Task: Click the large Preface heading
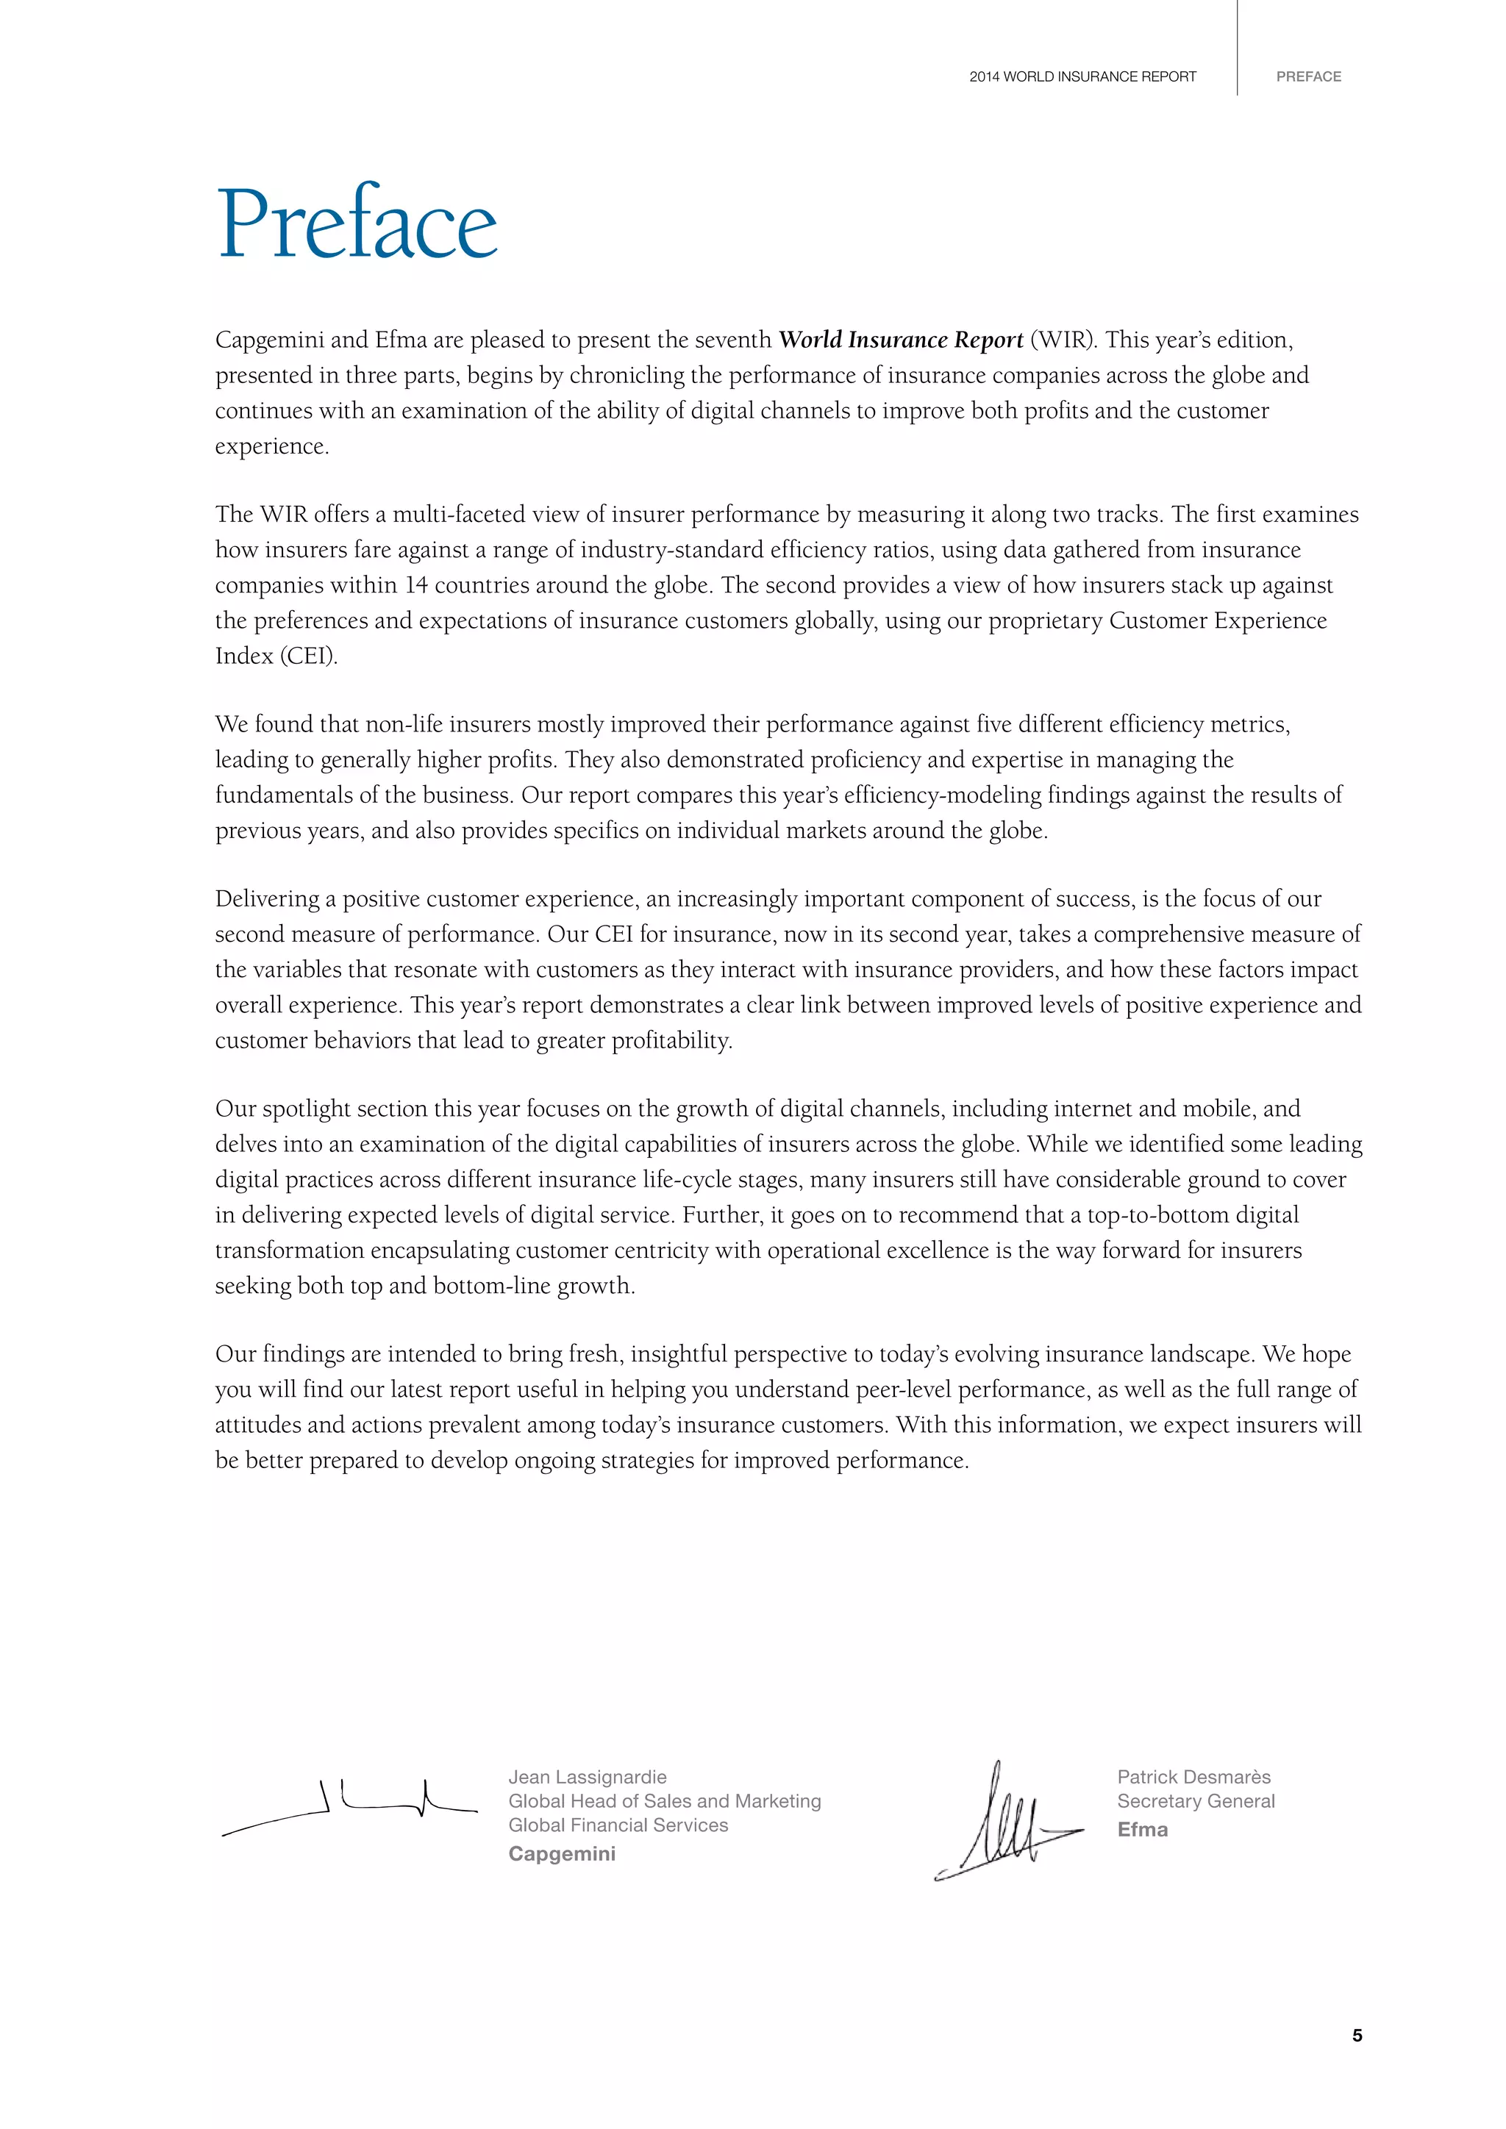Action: click(357, 223)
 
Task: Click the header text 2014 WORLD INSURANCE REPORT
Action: click(1082, 77)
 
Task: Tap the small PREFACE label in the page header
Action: click(1307, 77)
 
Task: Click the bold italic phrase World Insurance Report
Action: click(901, 340)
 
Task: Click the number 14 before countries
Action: click(415, 586)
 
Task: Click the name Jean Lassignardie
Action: click(587, 1777)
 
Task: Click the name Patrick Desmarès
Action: click(1193, 1777)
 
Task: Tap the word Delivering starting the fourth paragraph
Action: click(267, 899)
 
